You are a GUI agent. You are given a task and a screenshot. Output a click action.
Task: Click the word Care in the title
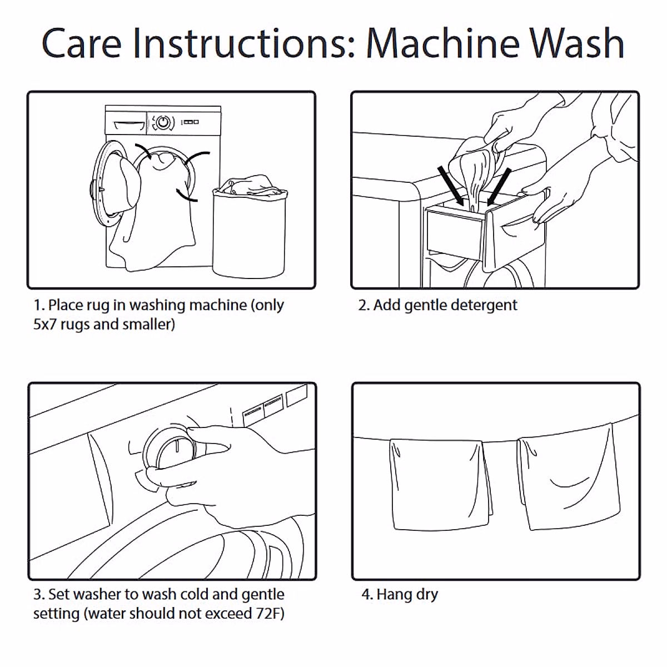pos(82,43)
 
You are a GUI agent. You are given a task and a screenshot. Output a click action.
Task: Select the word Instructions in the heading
pos(245,43)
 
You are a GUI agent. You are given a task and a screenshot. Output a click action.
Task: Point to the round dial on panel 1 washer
pos(163,122)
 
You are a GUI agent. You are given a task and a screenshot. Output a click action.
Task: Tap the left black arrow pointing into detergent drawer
pos(450,186)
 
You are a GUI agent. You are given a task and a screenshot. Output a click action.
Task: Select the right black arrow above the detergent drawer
pos(499,187)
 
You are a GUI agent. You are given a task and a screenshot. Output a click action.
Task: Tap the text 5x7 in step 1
pos(45,325)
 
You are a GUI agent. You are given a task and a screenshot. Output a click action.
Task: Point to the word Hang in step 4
pos(394,595)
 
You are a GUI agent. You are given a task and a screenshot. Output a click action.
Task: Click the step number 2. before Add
pos(364,305)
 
